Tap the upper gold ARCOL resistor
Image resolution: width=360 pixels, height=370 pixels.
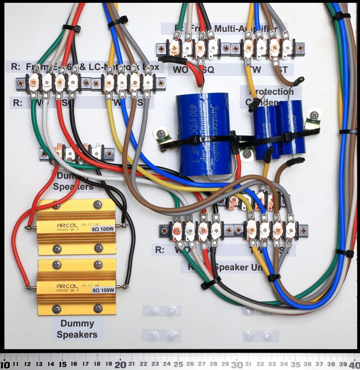[x=76, y=227]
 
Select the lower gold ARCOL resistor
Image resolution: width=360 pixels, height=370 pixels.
[x=76, y=287]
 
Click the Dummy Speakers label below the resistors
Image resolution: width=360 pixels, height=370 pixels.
[x=77, y=329]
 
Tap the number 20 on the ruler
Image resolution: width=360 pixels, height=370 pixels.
[x=120, y=365]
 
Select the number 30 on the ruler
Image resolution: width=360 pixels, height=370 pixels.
[x=237, y=365]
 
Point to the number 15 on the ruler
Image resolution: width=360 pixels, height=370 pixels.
[x=63, y=365]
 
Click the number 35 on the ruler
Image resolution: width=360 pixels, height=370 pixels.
[x=295, y=365]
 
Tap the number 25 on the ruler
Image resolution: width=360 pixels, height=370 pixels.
[x=179, y=365]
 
